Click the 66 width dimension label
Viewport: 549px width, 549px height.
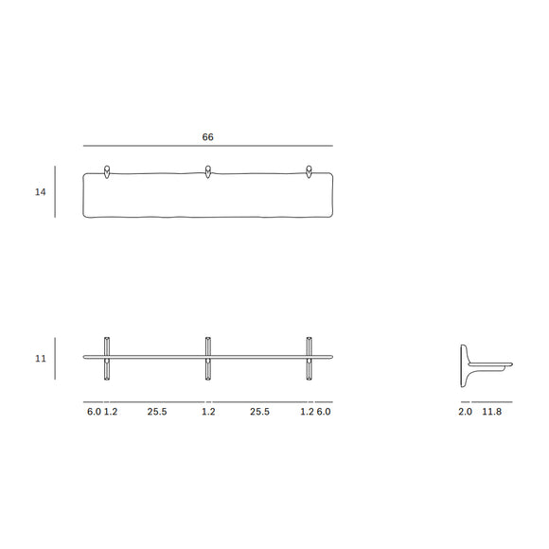pyautogui.click(x=207, y=137)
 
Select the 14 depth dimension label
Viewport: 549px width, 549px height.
pyautogui.click(x=40, y=192)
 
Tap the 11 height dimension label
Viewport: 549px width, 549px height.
pyautogui.click(x=40, y=359)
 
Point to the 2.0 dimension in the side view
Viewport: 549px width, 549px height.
pyautogui.click(x=464, y=412)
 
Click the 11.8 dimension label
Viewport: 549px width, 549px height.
pyautogui.click(x=492, y=412)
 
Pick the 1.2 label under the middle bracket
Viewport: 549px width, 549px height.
pyautogui.click(x=208, y=412)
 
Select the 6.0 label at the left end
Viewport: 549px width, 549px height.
pyautogui.click(x=93, y=412)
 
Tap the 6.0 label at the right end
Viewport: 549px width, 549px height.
pyautogui.click(x=324, y=412)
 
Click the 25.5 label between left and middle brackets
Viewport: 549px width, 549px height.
pyautogui.click(x=157, y=412)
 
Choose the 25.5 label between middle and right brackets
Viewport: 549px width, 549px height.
pyautogui.click(x=259, y=412)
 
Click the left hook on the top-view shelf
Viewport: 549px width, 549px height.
pyautogui.click(x=108, y=172)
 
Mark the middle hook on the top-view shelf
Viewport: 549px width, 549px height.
pyautogui.click(x=207, y=172)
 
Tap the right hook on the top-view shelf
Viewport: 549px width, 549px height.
pyautogui.click(x=309, y=172)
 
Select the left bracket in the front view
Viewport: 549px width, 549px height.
pyautogui.click(x=108, y=358)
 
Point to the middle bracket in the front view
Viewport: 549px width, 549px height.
pyautogui.click(x=207, y=358)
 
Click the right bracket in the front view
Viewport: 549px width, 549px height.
pyautogui.click(x=309, y=358)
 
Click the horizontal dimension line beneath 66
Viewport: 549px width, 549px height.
pyautogui.click(x=207, y=146)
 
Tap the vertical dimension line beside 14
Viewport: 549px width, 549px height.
pyautogui.click(x=55, y=192)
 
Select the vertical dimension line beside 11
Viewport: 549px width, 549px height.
pyautogui.click(x=55, y=359)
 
